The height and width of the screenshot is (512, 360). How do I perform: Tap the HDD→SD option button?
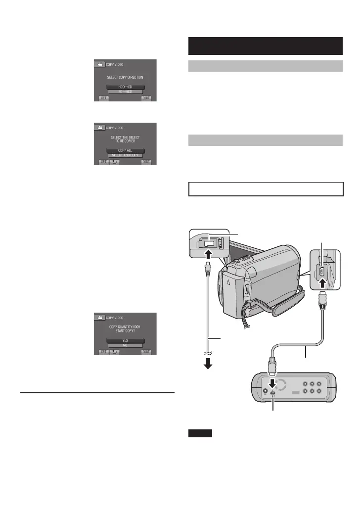[x=125, y=86]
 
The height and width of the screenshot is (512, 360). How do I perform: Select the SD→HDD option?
[x=125, y=92]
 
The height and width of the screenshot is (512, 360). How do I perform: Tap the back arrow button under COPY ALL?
[x=115, y=162]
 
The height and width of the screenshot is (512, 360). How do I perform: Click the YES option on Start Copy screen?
[x=125, y=340]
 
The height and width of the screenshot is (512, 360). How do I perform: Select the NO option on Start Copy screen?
[x=125, y=346]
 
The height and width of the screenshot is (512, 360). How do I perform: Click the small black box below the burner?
[x=200, y=434]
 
